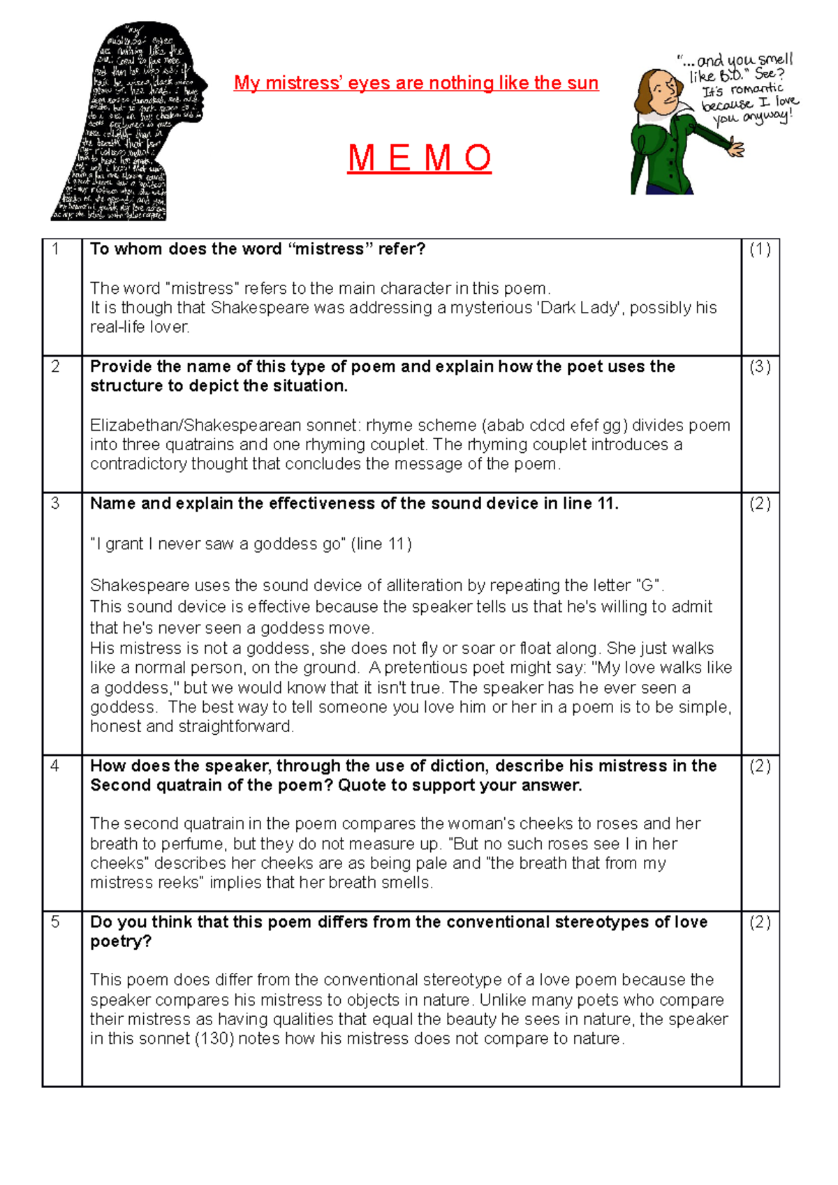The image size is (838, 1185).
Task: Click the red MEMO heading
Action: [x=419, y=158]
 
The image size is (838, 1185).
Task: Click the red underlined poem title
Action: [x=416, y=83]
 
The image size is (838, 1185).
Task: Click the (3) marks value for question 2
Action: [x=760, y=367]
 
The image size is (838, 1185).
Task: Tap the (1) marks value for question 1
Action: [x=760, y=249]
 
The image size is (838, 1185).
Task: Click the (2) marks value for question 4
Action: [x=760, y=766]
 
